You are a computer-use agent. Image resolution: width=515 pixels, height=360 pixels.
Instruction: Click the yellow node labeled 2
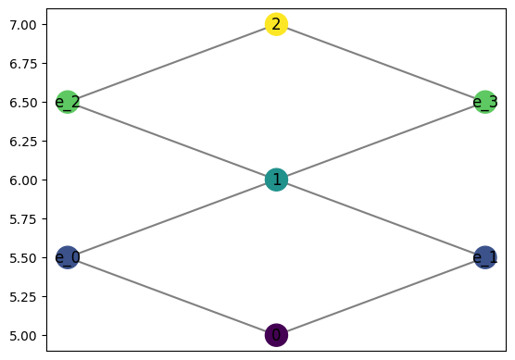click(276, 24)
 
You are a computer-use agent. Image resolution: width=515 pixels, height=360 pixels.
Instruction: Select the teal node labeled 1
click(276, 180)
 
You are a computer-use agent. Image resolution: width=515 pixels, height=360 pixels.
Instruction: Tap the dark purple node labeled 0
click(276, 335)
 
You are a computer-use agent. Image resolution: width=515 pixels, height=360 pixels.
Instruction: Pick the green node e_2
click(68, 102)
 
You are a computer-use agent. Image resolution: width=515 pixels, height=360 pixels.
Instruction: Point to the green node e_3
click(484, 102)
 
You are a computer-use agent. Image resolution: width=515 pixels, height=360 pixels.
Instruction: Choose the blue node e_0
click(68, 257)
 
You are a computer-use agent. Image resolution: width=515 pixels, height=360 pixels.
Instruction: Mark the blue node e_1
click(484, 257)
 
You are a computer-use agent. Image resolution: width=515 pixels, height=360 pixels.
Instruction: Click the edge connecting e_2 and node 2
click(171, 63)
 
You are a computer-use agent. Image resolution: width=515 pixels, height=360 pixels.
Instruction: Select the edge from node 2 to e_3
click(380, 63)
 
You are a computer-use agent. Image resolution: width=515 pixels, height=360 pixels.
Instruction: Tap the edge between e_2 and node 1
click(171, 141)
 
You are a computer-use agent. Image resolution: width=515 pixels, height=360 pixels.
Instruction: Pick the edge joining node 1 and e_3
click(380, 141)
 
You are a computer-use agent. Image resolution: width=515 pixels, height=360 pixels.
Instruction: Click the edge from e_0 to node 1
click(171, 218)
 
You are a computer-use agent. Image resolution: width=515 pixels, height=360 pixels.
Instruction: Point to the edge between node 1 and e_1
click(380, 218)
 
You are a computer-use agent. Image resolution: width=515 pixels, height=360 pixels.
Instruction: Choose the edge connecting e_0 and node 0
click(171, 296)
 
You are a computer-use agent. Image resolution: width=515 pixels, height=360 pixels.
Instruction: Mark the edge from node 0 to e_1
click(380, 296)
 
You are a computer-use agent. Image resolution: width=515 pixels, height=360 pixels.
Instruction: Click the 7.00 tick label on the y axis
click(24, 24)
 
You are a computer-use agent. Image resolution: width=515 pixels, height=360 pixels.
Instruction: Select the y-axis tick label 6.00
click(24, 180)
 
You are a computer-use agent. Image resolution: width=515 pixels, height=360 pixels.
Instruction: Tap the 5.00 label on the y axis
click(24, 335)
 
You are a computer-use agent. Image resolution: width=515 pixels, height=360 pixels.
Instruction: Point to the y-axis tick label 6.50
click(24, 102)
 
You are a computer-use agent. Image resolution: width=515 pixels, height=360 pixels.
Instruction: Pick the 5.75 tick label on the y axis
click(24, 218)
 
